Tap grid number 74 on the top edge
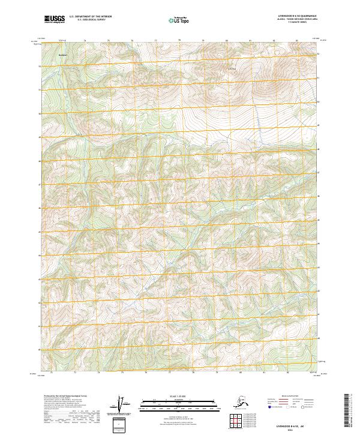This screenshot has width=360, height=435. (85, 41)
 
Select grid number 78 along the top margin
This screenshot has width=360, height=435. (179, 41)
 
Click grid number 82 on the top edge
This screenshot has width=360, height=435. (274, 41)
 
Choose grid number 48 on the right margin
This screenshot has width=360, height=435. (319, 149)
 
